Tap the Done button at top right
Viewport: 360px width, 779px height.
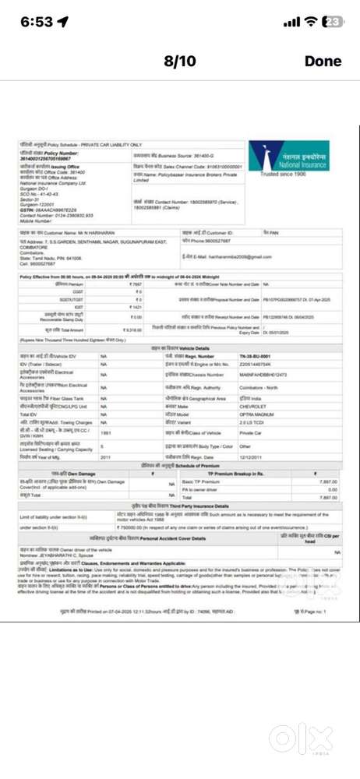pos(323,61)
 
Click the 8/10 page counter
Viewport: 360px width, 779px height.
pos(180,61)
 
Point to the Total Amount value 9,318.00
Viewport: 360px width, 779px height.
pos(134,330)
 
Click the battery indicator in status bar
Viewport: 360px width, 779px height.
pos(333,22)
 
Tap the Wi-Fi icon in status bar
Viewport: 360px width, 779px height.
pos(311,22)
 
